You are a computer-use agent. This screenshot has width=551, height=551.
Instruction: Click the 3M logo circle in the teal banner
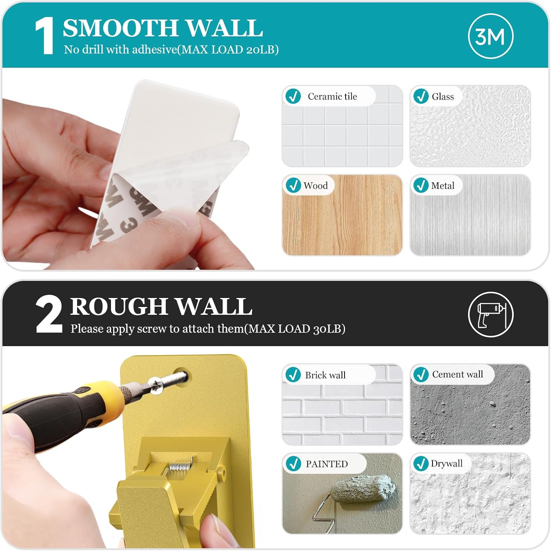[491, 36]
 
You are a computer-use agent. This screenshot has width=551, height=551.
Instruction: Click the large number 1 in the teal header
[44, 36]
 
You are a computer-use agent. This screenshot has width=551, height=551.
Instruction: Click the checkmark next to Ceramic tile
[293, 96]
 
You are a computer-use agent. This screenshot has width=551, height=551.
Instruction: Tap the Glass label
[443, 97]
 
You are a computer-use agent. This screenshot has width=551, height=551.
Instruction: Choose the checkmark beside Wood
[293, 185]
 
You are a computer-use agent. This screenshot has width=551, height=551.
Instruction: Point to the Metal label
[443, 186]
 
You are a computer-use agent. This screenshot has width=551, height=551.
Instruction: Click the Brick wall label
[325, 375]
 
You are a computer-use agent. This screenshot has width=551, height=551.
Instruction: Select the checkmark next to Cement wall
[421, 374]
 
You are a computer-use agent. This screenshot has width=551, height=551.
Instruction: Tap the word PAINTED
[327, 464]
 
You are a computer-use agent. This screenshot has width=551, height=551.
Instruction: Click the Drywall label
[446, 463]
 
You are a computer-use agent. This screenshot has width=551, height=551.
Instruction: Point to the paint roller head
[364, 489]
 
